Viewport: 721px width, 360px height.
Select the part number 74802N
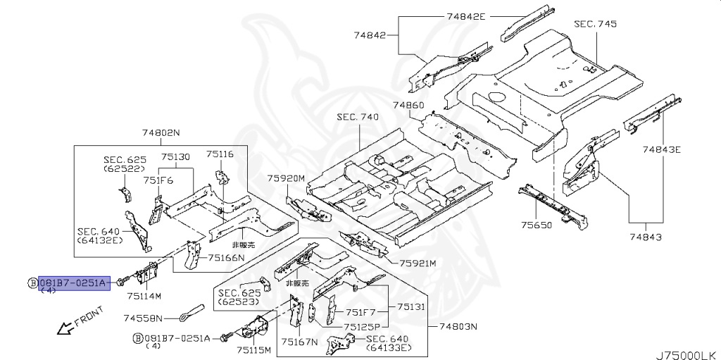click(161, 132)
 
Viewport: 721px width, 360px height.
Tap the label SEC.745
click(595, 24)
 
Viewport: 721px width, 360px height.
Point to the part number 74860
click(408, 106)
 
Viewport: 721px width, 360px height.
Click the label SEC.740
click(357, 117)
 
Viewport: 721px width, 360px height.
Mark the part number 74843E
click(662, 149)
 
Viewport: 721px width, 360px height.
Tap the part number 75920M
click(286, 178)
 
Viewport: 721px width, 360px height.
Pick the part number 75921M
click(418, 263)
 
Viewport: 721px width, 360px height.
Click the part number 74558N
click(143, 318)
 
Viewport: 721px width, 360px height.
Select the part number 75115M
click(253, 349)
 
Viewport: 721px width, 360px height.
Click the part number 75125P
click(362, 327)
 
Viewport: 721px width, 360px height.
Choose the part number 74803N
click(458, 326)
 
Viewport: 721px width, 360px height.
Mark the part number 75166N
click(226, 258)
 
